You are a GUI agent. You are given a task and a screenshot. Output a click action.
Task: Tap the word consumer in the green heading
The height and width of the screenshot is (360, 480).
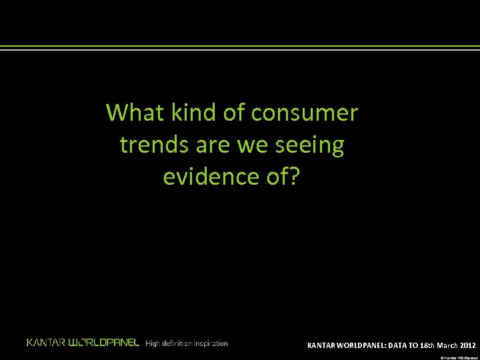[305, 114]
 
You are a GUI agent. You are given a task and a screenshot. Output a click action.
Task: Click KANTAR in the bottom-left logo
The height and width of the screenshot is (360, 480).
[46, 343]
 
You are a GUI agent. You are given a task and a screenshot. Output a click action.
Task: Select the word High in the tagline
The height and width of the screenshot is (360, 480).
[153, 343]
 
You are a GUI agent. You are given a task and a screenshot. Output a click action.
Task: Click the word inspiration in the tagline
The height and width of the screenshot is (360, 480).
[211, 343]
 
